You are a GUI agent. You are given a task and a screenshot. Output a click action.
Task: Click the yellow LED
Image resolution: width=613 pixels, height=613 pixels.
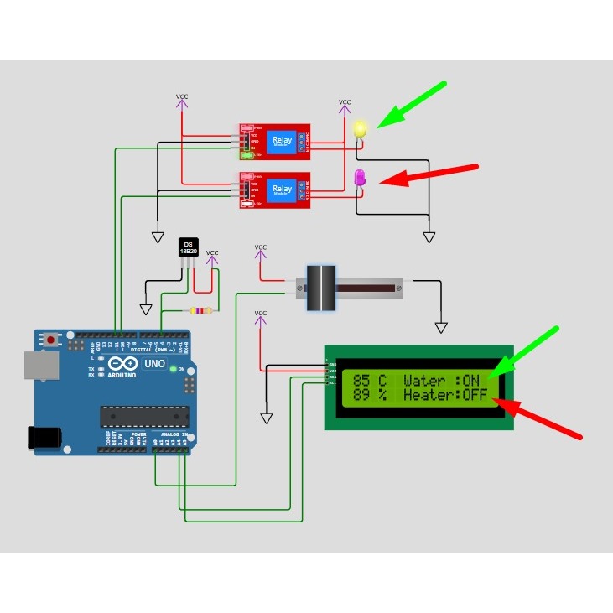tap(361, 130)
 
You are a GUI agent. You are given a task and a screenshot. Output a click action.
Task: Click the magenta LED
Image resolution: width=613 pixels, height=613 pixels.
tap(360, 178)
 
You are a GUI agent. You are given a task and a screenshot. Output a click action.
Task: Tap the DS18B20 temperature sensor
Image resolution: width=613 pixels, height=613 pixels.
tap(189, 247)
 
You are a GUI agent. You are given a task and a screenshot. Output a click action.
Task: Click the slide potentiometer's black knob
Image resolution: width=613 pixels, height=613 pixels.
tap(320, 288)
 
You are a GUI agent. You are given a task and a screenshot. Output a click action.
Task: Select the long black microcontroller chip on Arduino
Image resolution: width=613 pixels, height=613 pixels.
tap(144, 416)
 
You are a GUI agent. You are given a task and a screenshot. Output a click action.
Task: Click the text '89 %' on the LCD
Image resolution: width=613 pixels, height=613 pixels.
tap(370, 395)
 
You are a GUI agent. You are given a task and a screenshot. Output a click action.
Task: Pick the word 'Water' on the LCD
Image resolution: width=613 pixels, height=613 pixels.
tap(424, 381)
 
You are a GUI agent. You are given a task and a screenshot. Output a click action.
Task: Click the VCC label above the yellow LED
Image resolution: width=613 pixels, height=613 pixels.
tap(345, 102)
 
